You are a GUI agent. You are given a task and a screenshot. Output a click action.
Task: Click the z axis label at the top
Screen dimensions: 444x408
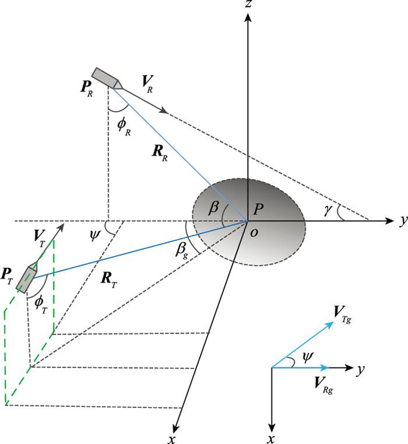[x=249, y=6]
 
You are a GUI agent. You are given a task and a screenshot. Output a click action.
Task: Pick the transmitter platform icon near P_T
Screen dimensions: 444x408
[x=27, y=276]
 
